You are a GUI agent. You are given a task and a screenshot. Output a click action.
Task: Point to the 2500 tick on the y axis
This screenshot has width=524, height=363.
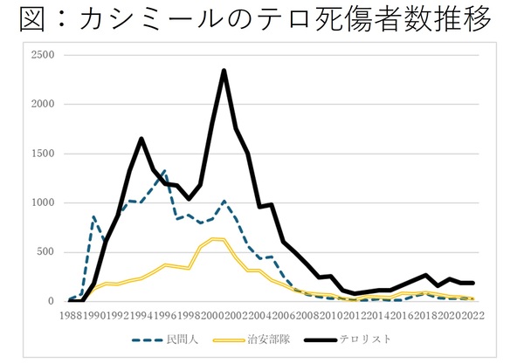pyautogui.click(x=42, y=55)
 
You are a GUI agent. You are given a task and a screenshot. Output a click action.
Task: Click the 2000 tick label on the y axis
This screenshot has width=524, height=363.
pyautogui.click(x=42, y=104)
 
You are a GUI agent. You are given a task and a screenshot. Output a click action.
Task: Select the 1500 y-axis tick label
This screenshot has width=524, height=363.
pyautogui.click(x=42, y=154)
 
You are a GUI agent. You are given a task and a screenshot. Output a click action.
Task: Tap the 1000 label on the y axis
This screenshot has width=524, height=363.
pyautogui.click(x=42, y=202)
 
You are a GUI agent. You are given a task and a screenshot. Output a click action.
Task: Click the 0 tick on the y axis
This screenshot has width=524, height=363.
pyautogui.click(x=50, y=301)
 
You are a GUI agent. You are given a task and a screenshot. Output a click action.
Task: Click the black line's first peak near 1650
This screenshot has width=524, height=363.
pyautogui.click(x=141, y=139)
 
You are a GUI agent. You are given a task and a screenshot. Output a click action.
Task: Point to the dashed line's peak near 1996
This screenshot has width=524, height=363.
pyautogui.click(x=164, y=171)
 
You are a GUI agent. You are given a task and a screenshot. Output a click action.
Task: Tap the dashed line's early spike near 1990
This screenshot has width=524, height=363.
pyautogui.click(x=93, y=216)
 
